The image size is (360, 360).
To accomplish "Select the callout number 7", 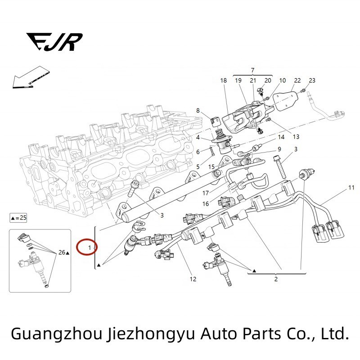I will [x=252, y=70].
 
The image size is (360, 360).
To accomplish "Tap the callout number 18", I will [x=224, y=81].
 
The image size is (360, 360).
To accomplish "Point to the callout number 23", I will [x=312, y=81].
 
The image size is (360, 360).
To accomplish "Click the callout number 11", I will [x=351, y=187].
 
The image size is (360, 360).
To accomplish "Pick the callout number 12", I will [x=193, y=279].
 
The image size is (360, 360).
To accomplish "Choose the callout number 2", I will [x=276, y=279].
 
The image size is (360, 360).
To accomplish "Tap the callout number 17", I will [x=205, y=193].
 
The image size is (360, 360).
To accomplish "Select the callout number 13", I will [x=296, y=136].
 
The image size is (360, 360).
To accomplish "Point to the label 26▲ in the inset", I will [x=64, y=253].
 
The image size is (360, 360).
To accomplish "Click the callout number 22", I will [x=297, y=81].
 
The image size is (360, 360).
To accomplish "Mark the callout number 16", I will [x=205, y=203].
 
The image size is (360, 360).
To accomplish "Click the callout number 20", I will [x=268, y=81].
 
